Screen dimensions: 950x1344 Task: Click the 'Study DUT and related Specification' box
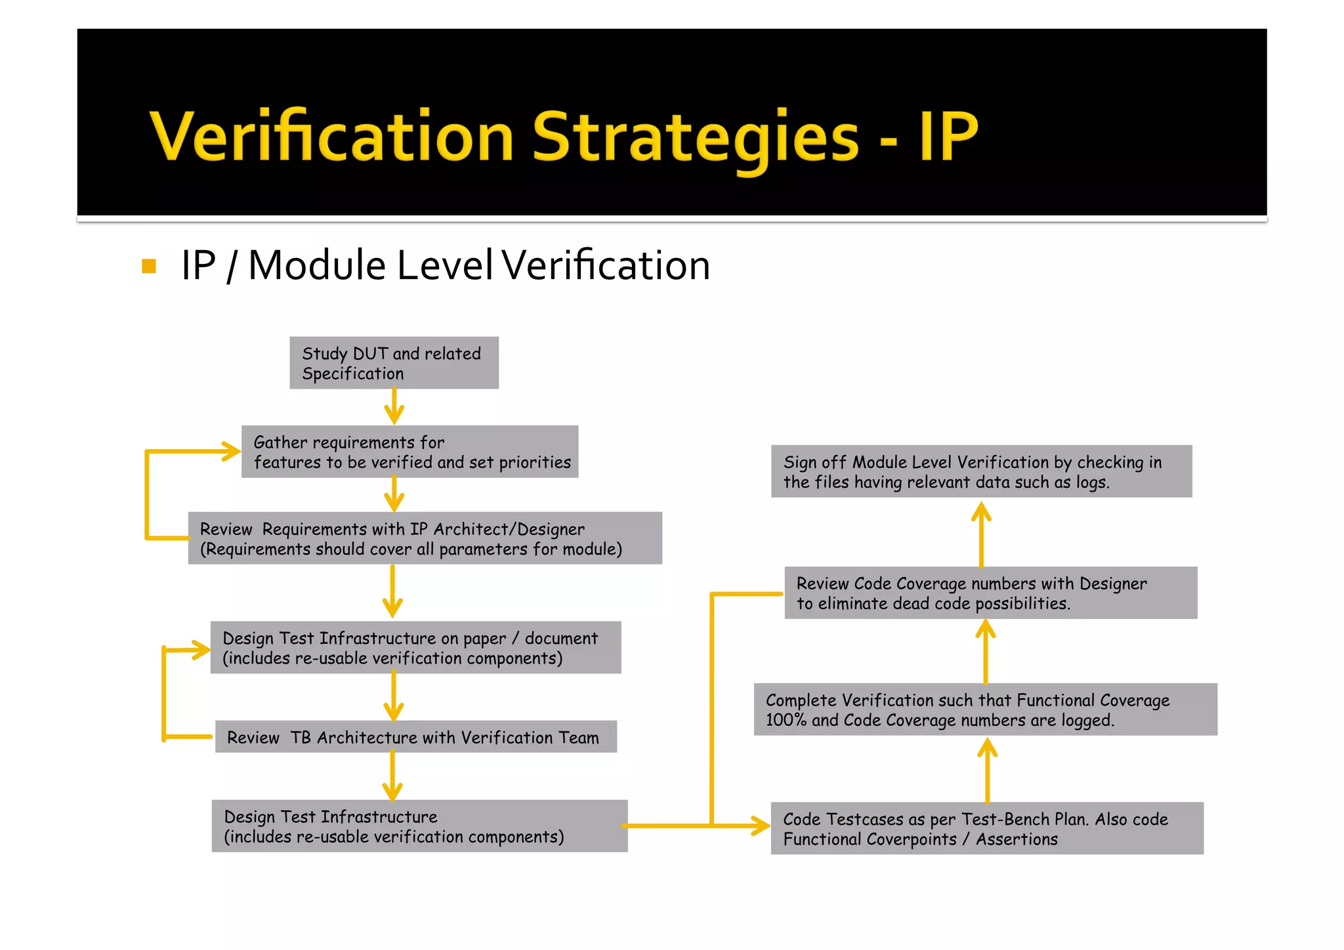click(394, 363)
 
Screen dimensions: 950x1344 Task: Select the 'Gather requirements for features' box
click(409, 452)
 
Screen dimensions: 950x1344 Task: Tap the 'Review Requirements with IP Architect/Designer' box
click(425, 538)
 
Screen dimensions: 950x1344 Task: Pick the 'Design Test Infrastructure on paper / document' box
click(415, 647)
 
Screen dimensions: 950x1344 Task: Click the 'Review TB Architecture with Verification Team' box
click(415, 737)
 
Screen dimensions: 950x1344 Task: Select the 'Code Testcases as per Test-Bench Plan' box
click(986, 829)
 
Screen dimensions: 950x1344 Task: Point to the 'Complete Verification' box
click(985, 710)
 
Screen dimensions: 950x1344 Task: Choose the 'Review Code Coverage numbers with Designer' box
click(990, 593)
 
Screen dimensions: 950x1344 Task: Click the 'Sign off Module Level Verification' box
click(981, 471)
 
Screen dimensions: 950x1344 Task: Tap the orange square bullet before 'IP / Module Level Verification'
click(149, 267)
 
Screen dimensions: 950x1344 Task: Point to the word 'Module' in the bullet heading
click(316, 266)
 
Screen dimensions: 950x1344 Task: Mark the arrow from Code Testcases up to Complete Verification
click(987, 769)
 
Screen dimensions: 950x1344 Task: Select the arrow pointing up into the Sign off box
click(981, 532)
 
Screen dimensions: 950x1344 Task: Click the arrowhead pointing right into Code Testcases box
click(761, 826)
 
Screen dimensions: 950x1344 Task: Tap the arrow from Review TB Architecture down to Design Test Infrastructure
click(392, 776)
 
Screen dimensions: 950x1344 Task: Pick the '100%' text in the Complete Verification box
click(786, 720)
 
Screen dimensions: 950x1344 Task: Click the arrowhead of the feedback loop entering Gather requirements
click(231, 452)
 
